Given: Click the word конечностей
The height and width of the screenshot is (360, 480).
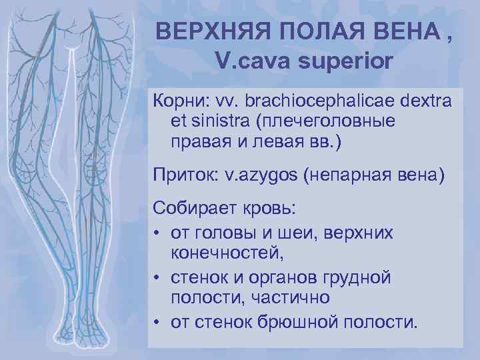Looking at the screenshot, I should coord(227,251).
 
